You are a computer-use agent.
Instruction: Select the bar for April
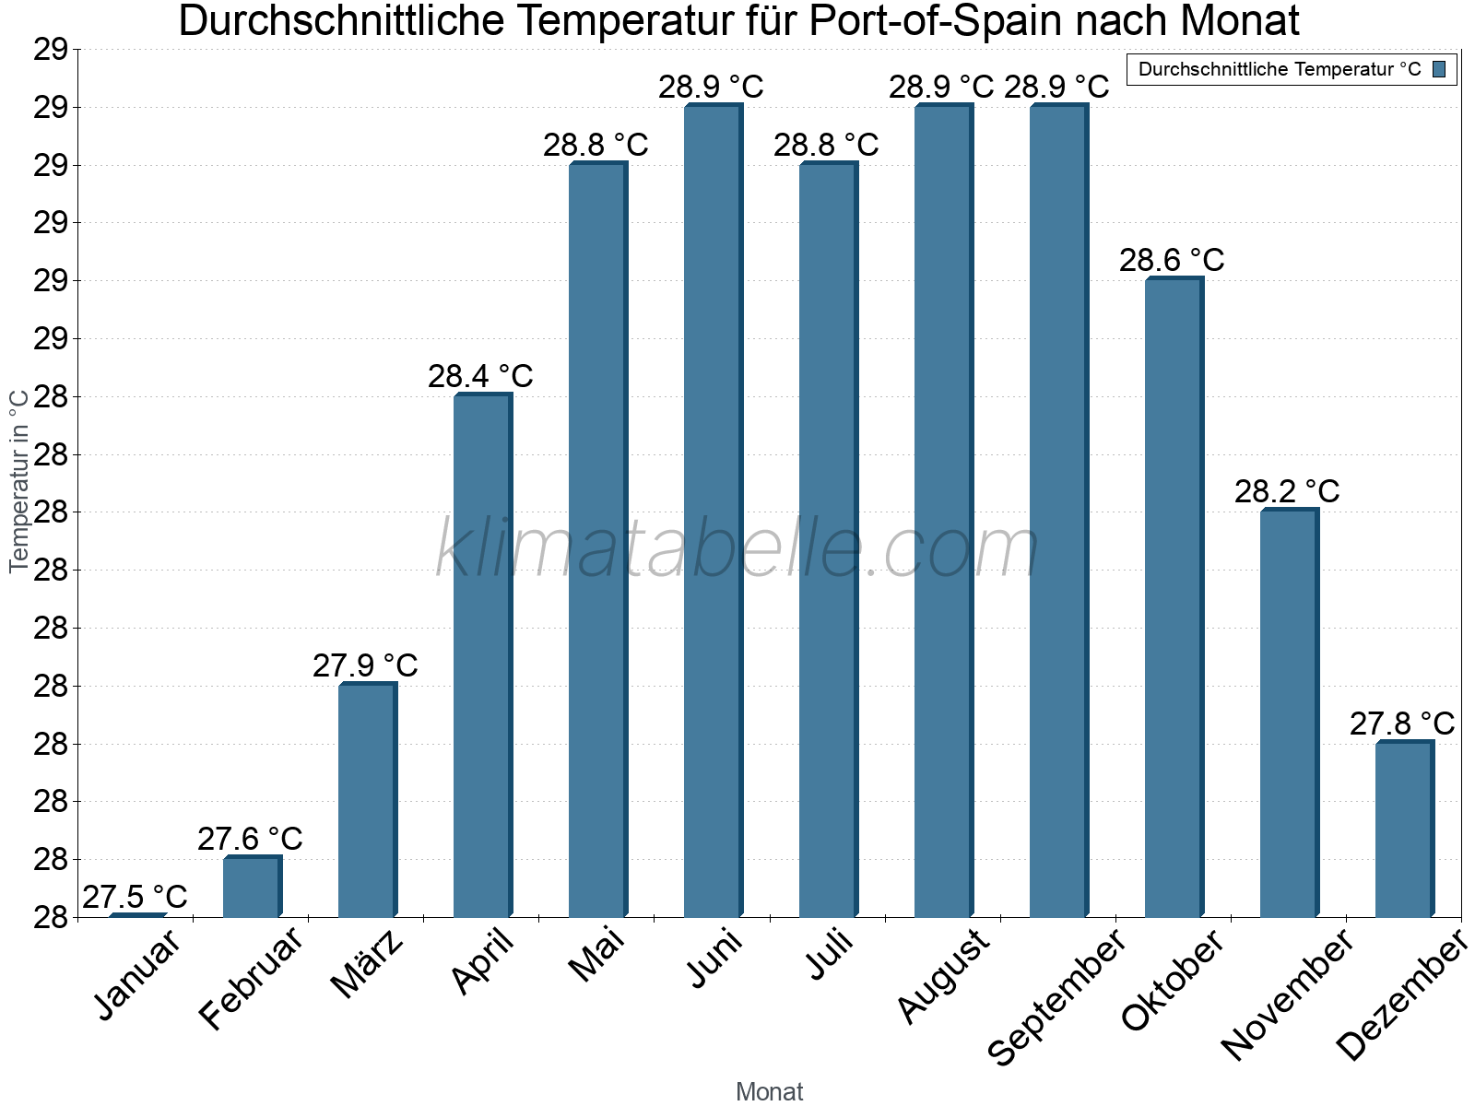(481, 655)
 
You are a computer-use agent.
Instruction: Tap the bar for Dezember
(1403, 829)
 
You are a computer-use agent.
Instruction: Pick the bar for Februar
(251, 887)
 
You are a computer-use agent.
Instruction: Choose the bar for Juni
(712, 511)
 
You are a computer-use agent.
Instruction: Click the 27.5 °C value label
(135, 897)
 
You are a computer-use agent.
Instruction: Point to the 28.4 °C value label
(480, 376)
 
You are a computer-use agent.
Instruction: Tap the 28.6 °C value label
(1172, 260)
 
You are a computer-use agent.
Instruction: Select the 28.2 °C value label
(1287, 491)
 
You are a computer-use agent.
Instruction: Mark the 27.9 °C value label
(365, 665)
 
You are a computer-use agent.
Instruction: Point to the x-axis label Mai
(596, 956)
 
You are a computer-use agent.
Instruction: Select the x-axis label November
(1287, 994)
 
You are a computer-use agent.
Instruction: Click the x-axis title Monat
(770, 1092)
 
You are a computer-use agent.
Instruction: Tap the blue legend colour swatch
(1440, 69)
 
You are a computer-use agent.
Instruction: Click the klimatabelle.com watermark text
(737, 548)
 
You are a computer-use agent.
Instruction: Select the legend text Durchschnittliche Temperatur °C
(1280, 69)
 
